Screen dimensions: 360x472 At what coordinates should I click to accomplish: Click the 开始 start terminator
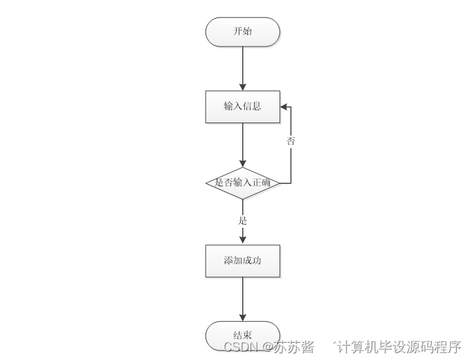pyautogui.click(x=242, y=32)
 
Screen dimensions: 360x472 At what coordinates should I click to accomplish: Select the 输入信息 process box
pyautogui.click(x=242, y=107)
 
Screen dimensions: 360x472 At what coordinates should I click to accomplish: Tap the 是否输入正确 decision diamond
pyautogui.click(x=242, y=183)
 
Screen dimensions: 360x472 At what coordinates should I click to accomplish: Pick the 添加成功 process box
pyautogui.click(x=242, y=261)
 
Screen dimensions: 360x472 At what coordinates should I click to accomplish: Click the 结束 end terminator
pyautogui.click(x=242, y=335)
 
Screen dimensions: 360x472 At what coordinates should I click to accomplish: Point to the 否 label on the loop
pyautogui.click(x=291, y=141)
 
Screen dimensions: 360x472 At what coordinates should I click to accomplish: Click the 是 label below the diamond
pyautogui.click(x=242, y=221)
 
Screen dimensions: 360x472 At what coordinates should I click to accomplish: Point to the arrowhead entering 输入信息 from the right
pyautogui.click(x=284, y=107)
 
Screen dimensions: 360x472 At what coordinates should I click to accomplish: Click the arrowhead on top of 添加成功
pyautogui.click(x=242, y=240)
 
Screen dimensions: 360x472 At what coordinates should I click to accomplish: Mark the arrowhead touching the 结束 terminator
pyautogui.click(x=242, y=316)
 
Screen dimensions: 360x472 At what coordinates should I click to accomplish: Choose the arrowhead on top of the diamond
pyautogui.click(x=242, y=163)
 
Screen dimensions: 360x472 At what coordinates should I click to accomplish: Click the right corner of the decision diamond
pyautogui.click(x=279, y=183)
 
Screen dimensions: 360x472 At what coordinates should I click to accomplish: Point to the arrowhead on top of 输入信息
pyautogui.click(x=242, y=86)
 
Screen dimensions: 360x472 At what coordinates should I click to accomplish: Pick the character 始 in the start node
pyautogui.click(x=247, y=32)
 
